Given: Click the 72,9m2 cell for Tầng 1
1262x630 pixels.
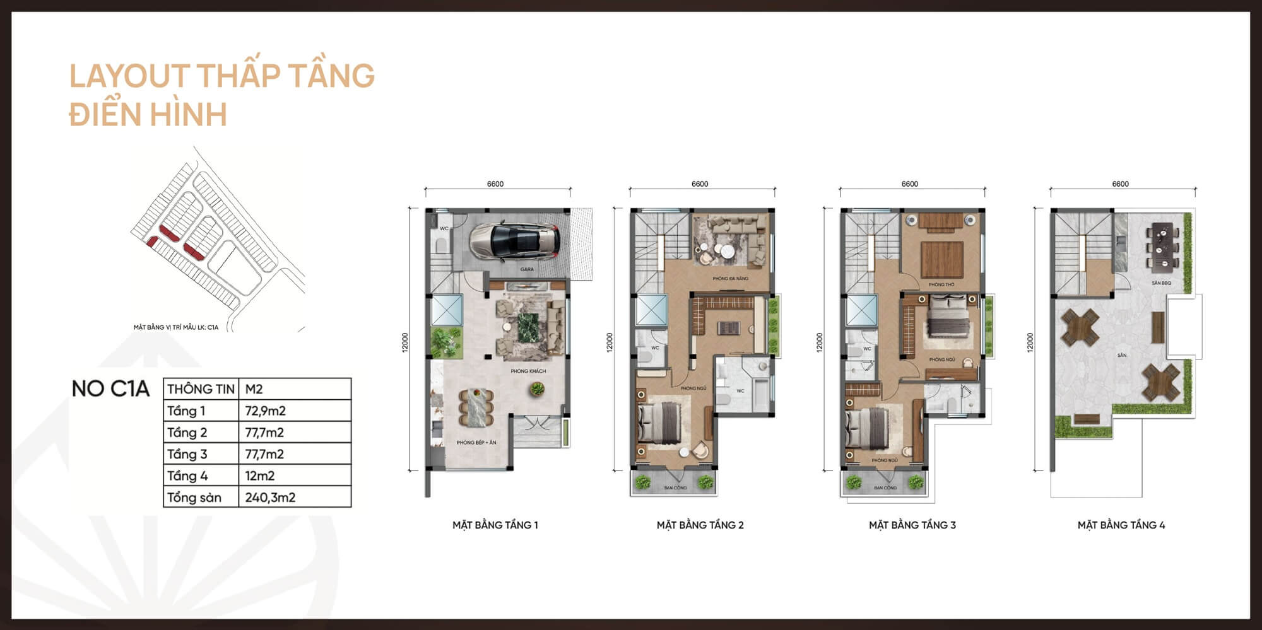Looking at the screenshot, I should tap(265, 411).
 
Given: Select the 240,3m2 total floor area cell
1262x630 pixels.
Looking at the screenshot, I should tap(270, 498).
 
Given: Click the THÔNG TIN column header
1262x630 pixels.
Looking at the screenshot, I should tap(201, 389).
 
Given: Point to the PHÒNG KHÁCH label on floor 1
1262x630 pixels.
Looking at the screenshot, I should tap(528, 371).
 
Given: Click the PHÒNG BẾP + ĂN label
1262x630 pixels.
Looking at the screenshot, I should tap(476, 443).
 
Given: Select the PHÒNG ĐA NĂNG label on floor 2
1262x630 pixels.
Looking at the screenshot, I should tap(730, 279).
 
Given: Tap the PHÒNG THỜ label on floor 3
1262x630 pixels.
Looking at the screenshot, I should tap(941, 285).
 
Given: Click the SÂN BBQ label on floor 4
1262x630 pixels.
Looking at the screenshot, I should tap(1161, 283).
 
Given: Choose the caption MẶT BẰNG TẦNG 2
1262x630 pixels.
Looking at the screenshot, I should tap(700, 525).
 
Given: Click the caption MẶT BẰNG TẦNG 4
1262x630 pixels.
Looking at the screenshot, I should tap(1121, 525).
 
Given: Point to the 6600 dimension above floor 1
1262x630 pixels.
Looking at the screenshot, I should tap(495, 184).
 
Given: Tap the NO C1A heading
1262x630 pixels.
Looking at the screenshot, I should tap(110, 389).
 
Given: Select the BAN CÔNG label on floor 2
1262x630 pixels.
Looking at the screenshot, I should tap(675, 488).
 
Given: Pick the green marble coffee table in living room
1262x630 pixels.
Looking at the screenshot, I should tap(529, 328).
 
